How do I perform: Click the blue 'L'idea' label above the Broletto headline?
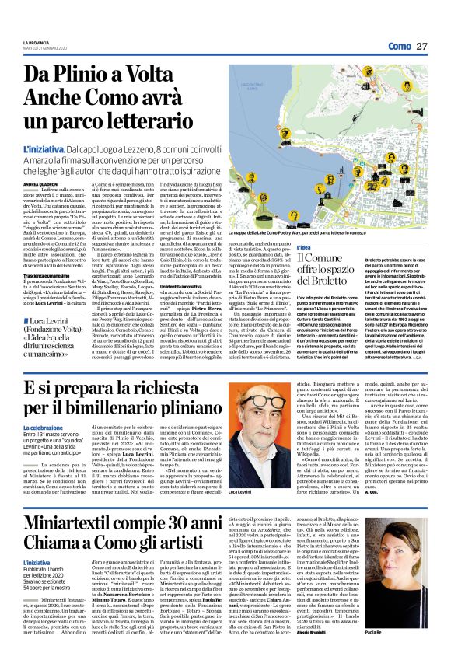307,248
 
